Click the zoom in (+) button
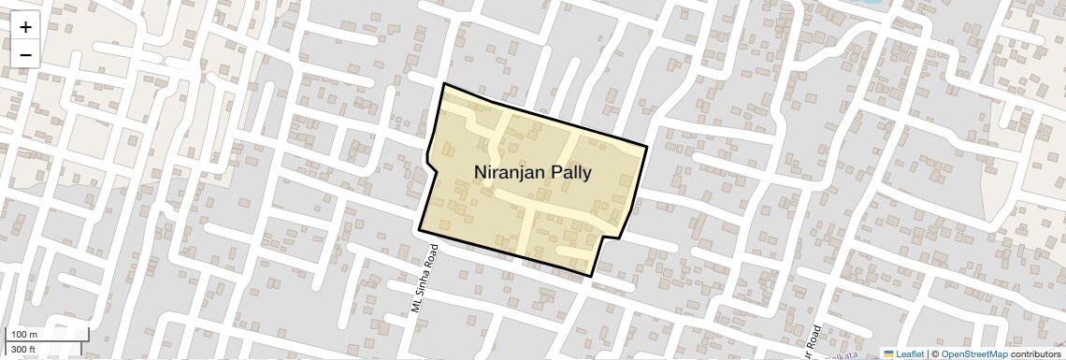pyautogui.click(x=25, y=27)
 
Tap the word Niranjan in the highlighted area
pyautogui.click(x=511, y=172)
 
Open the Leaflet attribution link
pyautogui.click(x=910, y=354)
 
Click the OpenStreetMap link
pyautogui.click(x=973, y=354)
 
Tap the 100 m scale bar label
pyautogui.click(x=24, y=335)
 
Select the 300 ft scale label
pyautogui.click(x=24, y=350)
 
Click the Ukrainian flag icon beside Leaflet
pyautogui.click(x=889, y=354)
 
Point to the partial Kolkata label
pyautogui.click(x=845, y=355)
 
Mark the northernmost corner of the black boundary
pyautogui.click(x=444, y=84)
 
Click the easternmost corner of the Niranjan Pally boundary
pyautogui.click(x=647, y=146)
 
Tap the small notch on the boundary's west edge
pyautogui.click(x=428, y=165)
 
